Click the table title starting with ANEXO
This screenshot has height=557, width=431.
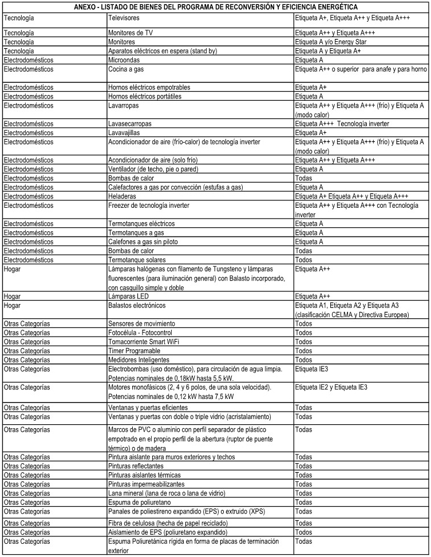(x=215, y=6)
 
